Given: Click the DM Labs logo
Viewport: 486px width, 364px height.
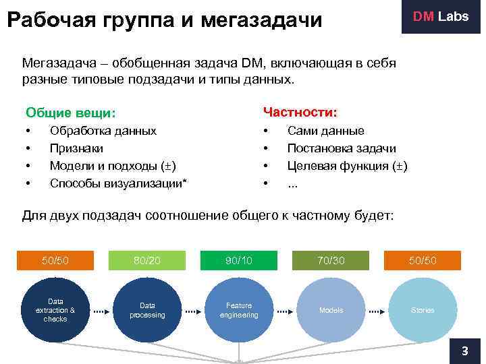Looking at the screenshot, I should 440,17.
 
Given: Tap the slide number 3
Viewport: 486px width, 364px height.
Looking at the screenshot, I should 464,351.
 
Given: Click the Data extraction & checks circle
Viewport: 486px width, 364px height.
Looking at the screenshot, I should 55,310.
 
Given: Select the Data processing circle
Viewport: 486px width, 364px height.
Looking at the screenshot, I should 147,310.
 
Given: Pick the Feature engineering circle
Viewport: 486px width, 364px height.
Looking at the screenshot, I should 239,310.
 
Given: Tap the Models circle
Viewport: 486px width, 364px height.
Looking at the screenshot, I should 331,310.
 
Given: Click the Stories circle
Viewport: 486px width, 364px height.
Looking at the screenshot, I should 422,310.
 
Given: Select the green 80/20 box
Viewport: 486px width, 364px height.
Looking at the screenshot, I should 147,260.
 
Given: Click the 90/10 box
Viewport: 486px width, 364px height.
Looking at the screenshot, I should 239,260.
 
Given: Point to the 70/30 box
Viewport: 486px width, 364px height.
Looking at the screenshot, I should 331,260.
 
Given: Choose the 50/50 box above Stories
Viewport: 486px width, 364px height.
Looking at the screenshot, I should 422,260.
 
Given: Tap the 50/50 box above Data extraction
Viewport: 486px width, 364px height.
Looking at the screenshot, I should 55,260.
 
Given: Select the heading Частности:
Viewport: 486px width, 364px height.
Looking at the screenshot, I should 300,111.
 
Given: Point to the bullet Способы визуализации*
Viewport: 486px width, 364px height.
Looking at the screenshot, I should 119,183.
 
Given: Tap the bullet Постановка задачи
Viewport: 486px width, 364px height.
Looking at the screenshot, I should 342,148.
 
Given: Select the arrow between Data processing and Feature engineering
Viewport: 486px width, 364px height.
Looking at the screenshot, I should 193,311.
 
